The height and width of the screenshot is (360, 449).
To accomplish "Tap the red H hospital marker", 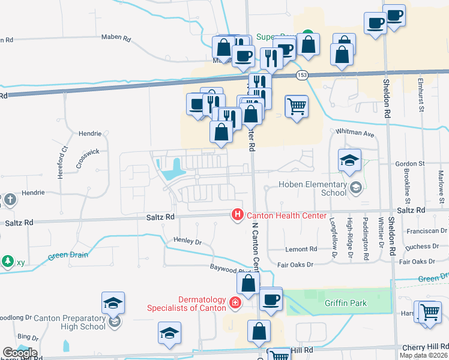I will [x=238, y=214].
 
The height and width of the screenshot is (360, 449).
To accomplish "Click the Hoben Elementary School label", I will [x=317, y=188].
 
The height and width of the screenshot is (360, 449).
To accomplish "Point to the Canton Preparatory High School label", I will [x=61, y=322].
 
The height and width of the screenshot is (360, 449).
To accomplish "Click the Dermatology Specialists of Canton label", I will [x=187, y=304].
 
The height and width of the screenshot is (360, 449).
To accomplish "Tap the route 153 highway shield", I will [x=301, y=75].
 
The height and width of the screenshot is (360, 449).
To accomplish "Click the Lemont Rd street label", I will [x=301, y=249].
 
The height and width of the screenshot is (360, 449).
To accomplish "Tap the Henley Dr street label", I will [x=188, y=241].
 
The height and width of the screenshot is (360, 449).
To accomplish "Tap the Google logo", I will [x=20, y=353].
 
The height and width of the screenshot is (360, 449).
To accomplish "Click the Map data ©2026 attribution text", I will [x=423, y=355].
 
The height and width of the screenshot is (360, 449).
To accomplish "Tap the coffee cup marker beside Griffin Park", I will [x=270, y=299].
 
